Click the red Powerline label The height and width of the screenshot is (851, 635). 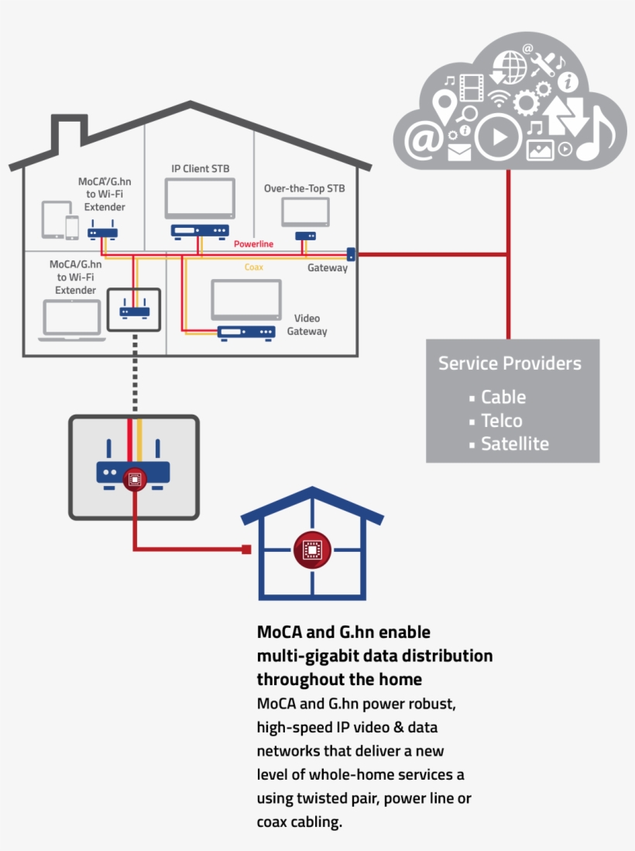point(254,244)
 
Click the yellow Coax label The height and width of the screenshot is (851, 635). point(253,267)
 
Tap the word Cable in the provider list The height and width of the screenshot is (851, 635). point(503,398)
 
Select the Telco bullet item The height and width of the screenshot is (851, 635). point(501,421)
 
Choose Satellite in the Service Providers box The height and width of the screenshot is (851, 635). point(514,444)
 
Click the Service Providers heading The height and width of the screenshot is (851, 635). point(510,363)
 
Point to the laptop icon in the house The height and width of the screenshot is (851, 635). point(71,320)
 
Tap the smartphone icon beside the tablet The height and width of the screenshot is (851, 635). point(72,227)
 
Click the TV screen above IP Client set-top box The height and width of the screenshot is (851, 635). point(200,198)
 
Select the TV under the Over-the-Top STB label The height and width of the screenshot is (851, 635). point(305,212)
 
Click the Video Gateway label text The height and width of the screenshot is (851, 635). point(307,325)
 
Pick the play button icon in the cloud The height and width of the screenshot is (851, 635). point(499,138)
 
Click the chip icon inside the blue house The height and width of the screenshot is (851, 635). point(312,550)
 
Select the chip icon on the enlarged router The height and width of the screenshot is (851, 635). point(134,480)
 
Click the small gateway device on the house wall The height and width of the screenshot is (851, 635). point(351,253)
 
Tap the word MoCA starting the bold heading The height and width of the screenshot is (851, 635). point(280,632)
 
